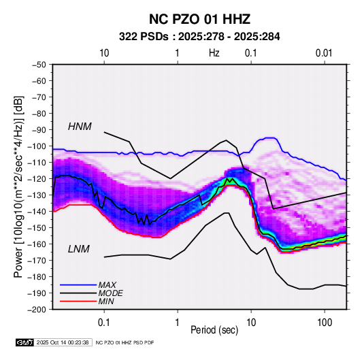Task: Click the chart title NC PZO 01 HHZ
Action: click(x=199, y=19)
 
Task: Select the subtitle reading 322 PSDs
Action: click(x=144, y=37)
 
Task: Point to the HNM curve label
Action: click(x=80, y=127)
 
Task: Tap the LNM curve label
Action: click(x=79, y=249)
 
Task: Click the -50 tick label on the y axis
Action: click(x=39, y=65)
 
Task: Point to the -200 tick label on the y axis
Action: click(x=37, y=310)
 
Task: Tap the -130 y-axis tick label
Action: click(x=37, y=195)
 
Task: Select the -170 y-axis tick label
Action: click(x=37, y=261)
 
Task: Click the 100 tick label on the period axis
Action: click(x=325, y=322)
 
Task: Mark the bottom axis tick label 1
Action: click(x=178, y=322)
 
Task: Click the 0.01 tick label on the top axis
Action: click(x=324, y=53)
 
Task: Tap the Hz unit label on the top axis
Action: click(x=214, y=53)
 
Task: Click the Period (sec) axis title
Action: click(x=214, y=330)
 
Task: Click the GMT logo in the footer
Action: click(x=25, y=342)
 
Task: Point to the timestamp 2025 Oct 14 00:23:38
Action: click(x=63, y=342)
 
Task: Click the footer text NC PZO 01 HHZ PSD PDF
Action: click(x=125, y=342)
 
